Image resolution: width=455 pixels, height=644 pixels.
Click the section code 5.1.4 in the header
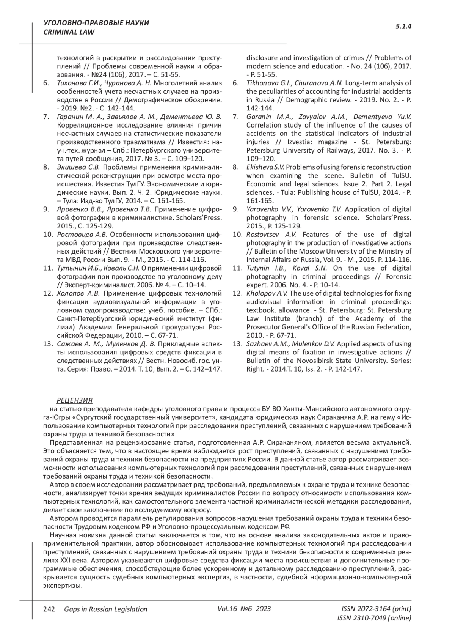pos(403,27)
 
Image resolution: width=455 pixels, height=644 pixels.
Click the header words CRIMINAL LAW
pos(64,32)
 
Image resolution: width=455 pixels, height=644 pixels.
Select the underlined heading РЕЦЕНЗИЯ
pos(75,400)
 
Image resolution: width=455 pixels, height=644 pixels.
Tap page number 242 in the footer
pos(49,609)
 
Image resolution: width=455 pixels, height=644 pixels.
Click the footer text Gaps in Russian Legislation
pos(106,609)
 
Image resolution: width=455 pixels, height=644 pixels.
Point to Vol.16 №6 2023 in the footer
pos(245,609)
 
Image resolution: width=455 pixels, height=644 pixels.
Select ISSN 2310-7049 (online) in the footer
pos(374,618)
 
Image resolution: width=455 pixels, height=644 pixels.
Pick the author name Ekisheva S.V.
pos(265,167)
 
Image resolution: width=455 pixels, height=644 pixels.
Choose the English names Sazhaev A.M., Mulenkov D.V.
pos(290,344)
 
